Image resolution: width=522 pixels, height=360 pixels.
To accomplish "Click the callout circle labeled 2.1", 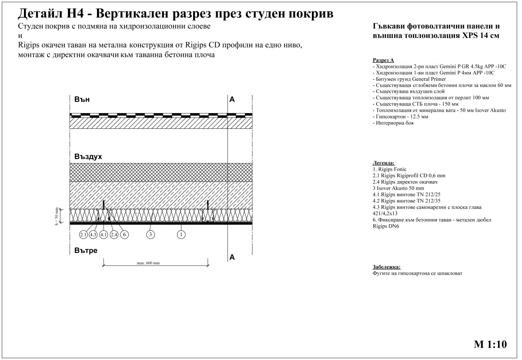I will click(83, 234).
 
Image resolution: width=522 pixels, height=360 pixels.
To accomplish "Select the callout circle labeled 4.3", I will click(93, 234).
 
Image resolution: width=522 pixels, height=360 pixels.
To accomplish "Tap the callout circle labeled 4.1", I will click(104, 234).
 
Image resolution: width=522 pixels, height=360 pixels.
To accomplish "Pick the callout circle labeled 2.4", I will click(114, 234).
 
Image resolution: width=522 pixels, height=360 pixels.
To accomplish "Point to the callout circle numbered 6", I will click(124, 234).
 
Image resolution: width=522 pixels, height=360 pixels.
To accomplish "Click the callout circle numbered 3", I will click(151, 234).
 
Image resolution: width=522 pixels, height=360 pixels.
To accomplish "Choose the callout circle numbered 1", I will click(181, 234).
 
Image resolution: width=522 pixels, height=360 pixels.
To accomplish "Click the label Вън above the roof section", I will click(82, 99).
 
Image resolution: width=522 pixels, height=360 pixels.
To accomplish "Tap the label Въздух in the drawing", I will click(88, 156).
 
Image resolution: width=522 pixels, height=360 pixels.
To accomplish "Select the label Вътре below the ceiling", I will click(86, 251).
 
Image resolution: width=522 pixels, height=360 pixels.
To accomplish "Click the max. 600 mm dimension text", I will click(148, 263).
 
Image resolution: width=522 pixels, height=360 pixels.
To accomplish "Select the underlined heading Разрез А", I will click(383, 60).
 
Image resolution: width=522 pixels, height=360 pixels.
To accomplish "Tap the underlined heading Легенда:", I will click(384, 162).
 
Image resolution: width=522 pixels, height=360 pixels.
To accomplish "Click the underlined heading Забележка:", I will click(386, 267).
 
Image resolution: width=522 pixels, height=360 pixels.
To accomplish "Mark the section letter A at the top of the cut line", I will click(232, 100).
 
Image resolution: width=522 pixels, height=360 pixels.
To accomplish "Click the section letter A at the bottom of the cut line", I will click(232, 257).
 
